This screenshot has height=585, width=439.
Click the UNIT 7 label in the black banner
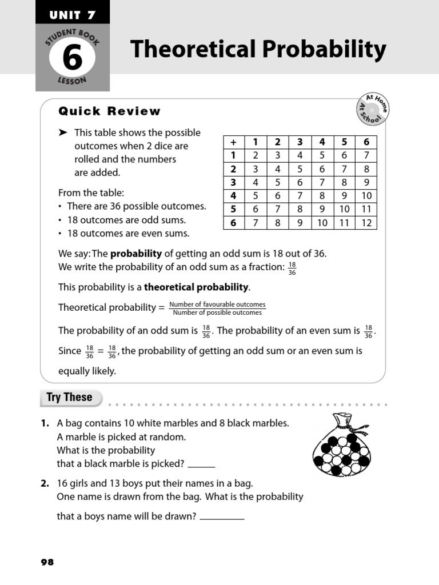72,11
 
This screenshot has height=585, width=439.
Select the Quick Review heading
109,111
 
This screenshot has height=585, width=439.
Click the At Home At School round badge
372,109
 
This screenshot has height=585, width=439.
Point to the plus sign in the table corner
233,142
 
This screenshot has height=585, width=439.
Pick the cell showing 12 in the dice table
366,223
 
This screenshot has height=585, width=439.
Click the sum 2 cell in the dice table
256,155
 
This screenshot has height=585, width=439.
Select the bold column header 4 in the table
322,142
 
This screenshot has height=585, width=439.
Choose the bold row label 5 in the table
233,209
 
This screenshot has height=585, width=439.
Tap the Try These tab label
70,398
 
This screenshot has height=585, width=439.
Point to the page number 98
47,562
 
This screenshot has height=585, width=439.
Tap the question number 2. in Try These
45,483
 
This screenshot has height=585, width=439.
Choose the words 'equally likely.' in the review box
87,371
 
